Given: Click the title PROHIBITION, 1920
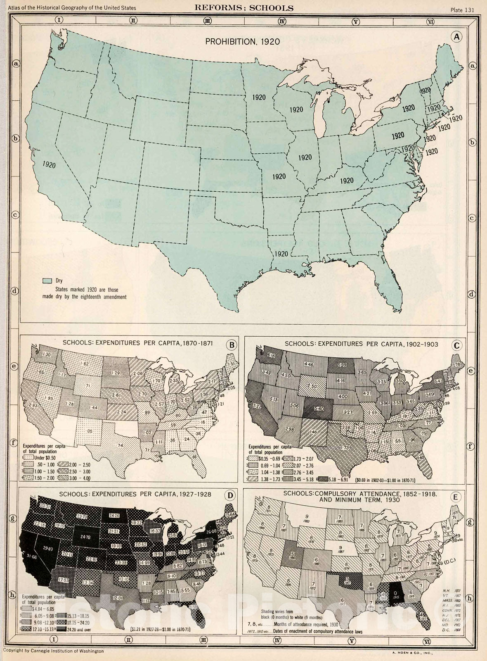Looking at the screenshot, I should [243, 41].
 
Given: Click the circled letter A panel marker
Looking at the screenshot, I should [456, 37].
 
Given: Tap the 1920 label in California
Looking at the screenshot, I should [49, 164].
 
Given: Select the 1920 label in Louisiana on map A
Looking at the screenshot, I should [281, 253].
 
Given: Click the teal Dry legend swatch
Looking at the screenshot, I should [47, 281].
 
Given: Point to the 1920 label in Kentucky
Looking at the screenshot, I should [347, 180].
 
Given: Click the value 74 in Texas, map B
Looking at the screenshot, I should [120, 445].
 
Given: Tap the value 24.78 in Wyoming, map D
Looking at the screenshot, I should [85, 537].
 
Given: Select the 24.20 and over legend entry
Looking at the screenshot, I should [76, 630].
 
